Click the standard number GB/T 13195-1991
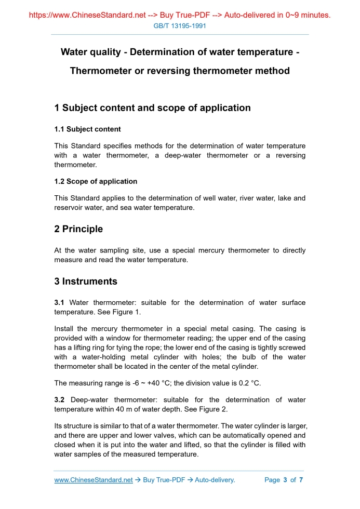180,25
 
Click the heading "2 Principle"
78,229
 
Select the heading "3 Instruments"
86,282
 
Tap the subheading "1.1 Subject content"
87,129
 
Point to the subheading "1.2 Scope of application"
96,181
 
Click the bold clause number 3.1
59,302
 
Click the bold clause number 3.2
59,400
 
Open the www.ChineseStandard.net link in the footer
94,480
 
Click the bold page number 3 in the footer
285,480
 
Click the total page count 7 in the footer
301,480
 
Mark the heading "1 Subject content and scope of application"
152,108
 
